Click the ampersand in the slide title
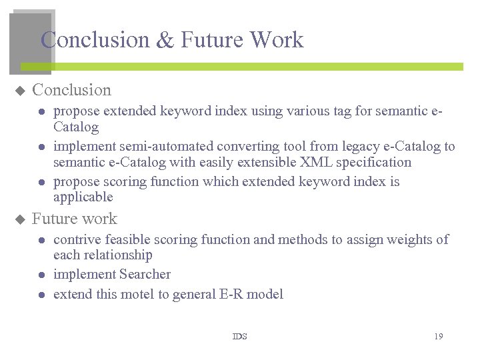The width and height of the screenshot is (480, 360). (x=165, y=41)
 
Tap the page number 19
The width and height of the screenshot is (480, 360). (x=438, y=337)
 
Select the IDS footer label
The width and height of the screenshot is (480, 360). (x=239, y=337)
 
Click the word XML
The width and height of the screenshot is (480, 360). (x=315, y=162)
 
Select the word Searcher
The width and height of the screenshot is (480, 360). (x=145, y=274)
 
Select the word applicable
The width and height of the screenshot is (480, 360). (x=83, y=197)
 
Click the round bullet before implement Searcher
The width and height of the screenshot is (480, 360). (x=41, y=275)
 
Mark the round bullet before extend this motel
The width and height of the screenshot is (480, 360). (x=41, y=295)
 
